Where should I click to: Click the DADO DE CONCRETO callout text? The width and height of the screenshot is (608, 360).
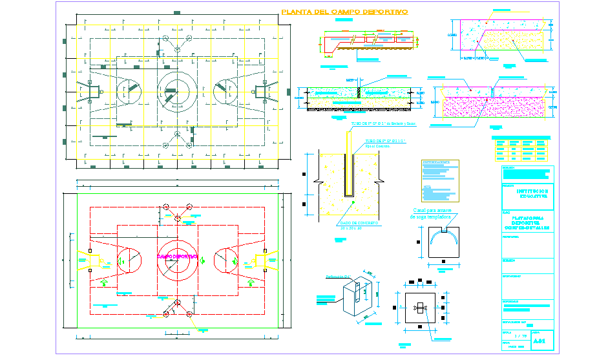[x=359, y=223]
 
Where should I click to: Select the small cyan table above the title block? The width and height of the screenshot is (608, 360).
[x=521, y=149]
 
